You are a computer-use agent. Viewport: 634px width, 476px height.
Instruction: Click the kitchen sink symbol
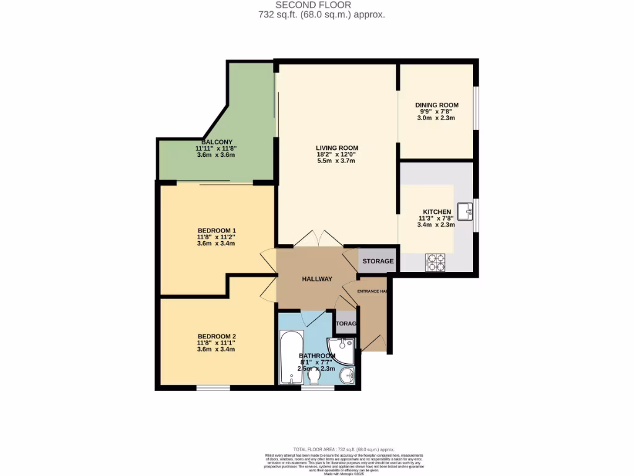tap(466, 211)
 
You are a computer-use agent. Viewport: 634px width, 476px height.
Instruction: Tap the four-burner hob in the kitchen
tap(435, 263)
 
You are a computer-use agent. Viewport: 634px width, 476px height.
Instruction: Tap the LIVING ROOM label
tap(337, 148)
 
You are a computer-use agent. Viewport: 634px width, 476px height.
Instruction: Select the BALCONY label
tap(216, 142)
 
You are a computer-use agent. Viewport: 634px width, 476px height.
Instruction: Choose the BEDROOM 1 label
tap(216, 231)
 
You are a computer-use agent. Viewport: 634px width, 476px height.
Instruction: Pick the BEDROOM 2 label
tap(216, 337)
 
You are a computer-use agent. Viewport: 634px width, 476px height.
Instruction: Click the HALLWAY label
tap(317, 279)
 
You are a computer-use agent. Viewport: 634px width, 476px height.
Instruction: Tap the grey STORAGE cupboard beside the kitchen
tap(378, 261)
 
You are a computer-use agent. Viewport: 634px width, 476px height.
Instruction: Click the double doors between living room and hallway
tap(317, 239)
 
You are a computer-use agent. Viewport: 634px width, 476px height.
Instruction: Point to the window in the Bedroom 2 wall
tap(214, 388)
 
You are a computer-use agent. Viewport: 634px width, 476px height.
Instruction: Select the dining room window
tap(475, 108)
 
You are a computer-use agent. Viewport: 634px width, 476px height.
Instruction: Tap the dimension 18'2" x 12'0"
tap(337, 154)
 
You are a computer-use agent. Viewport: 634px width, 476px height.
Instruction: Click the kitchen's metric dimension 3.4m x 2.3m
tap(436, 225)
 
